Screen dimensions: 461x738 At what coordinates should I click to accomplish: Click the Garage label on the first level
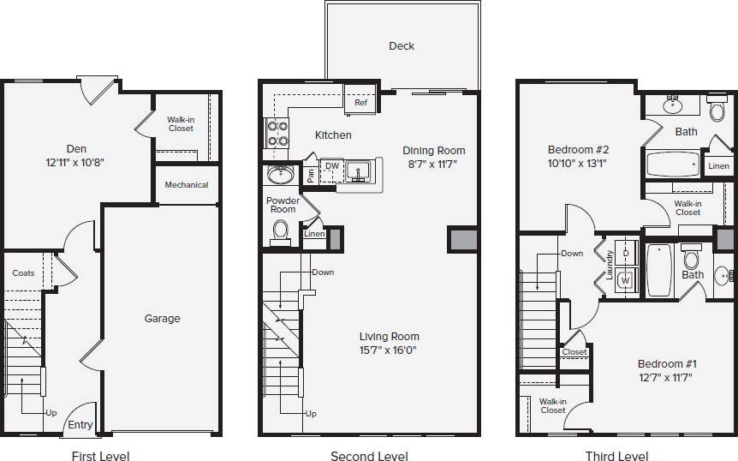tap(162, 319)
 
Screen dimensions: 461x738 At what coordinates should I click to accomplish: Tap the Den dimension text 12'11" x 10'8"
tap(77, 161)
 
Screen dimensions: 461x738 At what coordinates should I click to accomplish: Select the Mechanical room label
tap(187, 185)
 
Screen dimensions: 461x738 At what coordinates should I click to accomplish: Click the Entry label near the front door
tap(80, 425)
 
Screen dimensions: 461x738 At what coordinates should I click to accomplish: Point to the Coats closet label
tap(24, 273)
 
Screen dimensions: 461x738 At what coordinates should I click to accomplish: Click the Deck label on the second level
tap(402, 46)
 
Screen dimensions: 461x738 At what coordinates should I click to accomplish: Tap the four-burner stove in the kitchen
tap(277, 133)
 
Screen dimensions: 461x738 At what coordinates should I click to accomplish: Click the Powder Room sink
tap(280, 175)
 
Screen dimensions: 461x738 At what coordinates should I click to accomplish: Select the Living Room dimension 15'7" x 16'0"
tap(389, 350)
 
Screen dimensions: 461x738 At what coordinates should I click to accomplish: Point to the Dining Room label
tap(434, 151)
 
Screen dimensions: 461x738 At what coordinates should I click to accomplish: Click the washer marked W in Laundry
tap(626, 279)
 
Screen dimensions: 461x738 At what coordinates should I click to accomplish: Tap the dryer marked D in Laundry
tap(626, 254)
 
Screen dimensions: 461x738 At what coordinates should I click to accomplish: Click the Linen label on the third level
tap(718, 166)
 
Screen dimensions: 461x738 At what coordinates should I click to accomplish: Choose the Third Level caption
tap(616, 457)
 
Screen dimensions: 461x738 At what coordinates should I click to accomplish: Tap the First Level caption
tap(100, 457)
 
